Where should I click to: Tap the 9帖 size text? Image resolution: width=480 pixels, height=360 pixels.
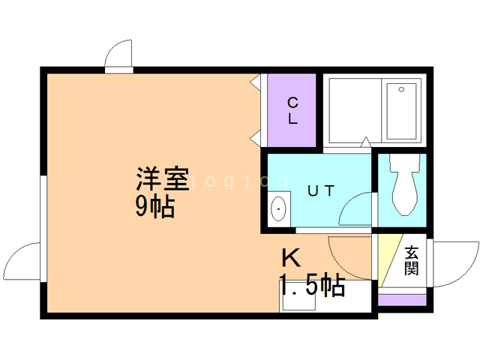click(x=155, y=205)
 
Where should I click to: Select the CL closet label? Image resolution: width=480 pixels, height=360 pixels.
click(x=292, y=110)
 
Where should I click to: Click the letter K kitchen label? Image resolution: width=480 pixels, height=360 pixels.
click(x=291, y=259)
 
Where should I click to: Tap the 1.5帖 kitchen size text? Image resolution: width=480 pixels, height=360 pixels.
click(x=313, y=285)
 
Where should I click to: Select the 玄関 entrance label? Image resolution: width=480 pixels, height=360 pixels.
click(x=410, y=260)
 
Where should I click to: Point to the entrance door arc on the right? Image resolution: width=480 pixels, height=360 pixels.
click(x=454, y=262)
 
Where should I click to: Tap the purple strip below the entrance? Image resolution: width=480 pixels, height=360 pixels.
click(x=402, y=301)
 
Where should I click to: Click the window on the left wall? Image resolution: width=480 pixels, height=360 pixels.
click(x=42, y=210)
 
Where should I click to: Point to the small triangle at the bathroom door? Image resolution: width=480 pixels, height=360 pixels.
click(x=364, y=142)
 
